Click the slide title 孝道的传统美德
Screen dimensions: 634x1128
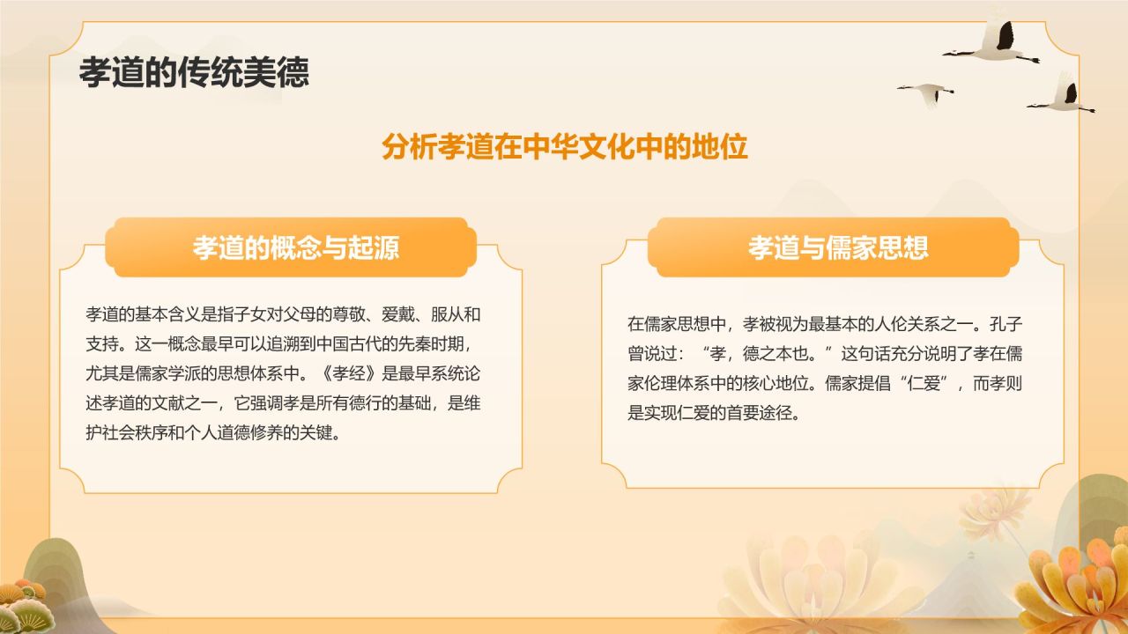(194, 72)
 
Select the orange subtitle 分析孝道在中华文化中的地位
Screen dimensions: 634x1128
(565, 146)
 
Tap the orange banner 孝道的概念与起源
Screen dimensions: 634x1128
(296, 247)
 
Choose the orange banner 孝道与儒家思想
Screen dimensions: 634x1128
(838, 247)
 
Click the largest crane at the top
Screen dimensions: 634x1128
(996, 44)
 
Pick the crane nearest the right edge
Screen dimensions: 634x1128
(1064, 97)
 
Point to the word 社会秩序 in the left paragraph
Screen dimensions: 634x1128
(144, 433)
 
